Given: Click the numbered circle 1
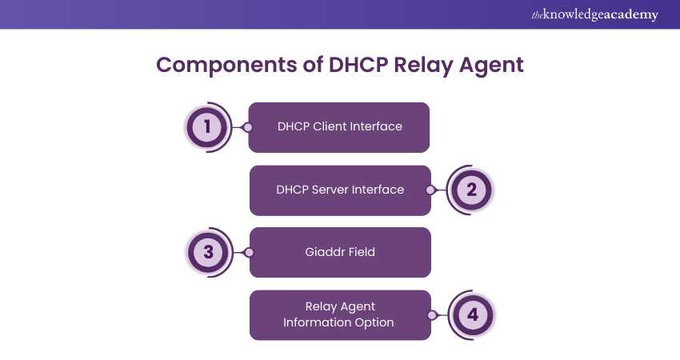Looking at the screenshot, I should [x=207, y=127].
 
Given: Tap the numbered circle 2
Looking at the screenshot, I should [x=471, y=190].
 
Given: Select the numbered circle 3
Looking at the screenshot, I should [x=208, y=252].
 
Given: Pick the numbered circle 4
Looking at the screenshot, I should [x=472, y=315].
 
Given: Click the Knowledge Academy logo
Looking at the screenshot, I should [x=594, y=15].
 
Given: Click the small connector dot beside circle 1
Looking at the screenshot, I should [x=248, y=127].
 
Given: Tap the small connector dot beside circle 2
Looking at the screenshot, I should [x=430, y=190].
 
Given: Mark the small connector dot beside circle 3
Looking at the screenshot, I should [x=249, y=252].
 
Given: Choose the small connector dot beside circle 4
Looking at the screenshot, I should [x=431, y=315].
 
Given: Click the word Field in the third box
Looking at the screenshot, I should [x=360, y=252].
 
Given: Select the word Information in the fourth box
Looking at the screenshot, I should [x=318, y=322].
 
